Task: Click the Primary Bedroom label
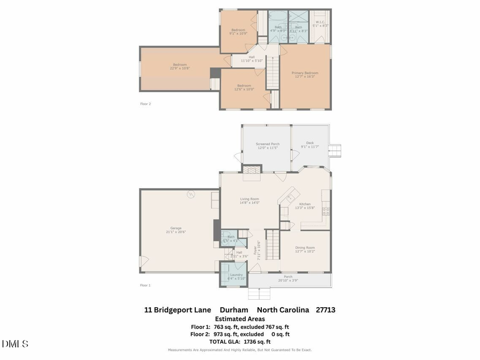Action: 305,73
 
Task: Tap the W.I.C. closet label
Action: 321,22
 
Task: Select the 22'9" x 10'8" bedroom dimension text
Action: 180,68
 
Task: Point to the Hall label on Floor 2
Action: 251,57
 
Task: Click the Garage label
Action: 176,228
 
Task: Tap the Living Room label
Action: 249,199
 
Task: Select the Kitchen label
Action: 305,204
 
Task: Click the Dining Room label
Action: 305,247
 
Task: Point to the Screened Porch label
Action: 267,144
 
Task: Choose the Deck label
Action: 310,143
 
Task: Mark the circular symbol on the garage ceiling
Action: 190,195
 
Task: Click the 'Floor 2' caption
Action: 146,104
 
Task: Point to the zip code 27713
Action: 325,309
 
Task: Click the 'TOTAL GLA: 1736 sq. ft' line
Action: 240,341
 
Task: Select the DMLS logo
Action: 15,343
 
